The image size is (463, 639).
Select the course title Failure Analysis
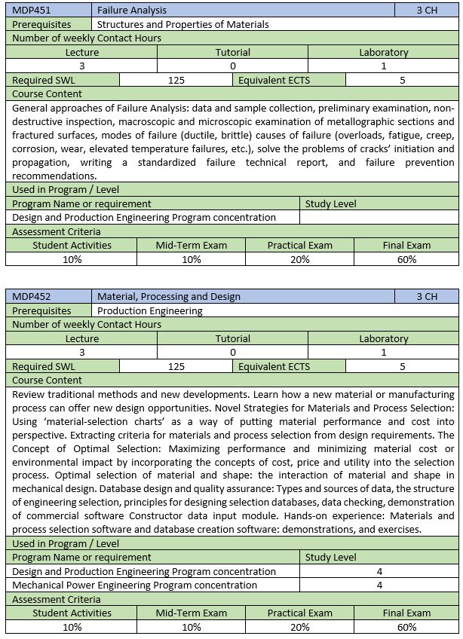click(x=132, y=11)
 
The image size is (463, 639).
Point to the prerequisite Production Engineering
click(x=150, y=310)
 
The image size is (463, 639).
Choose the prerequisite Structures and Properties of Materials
click(x=183, y=24)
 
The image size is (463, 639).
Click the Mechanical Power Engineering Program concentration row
click(x=135, y=585)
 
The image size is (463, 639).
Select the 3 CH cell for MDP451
click(x=426, y=11)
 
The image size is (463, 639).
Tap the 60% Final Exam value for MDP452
click(x=406, y=627)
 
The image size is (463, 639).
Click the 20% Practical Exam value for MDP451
click(x=299, y=259)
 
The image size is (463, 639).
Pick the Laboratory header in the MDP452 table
click(x=383, y=338)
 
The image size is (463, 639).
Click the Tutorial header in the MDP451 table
click(x=232, y=52)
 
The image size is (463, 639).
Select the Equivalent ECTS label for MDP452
click(x=274, y=366)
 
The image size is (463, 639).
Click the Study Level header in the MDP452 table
click(x=330, y=557)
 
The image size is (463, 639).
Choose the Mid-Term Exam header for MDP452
click(x=191, y=613)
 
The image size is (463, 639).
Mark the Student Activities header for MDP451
click(x=72, y=245)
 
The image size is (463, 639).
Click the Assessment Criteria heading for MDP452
click(x=57, y=599)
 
